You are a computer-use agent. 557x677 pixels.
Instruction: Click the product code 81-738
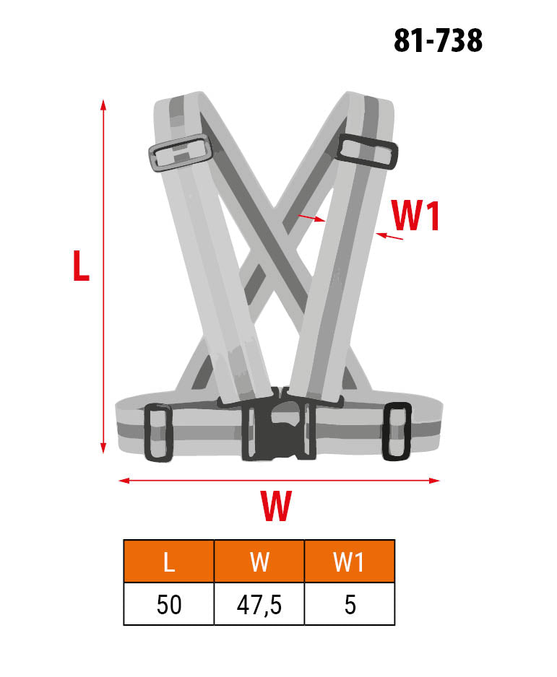(438, 40)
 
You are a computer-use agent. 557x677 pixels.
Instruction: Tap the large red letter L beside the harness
(81, 266)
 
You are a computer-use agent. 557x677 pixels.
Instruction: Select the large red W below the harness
(276, 506)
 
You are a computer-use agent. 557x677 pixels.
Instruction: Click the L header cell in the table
(169, 561)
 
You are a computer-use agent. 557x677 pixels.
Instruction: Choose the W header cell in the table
(259, 561)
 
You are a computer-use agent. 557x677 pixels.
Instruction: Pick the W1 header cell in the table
(350, 561)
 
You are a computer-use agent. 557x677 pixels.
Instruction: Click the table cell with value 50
(169, 603)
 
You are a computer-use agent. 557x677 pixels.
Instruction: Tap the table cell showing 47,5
(259, 603)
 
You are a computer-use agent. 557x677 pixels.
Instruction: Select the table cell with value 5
(350, 603)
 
